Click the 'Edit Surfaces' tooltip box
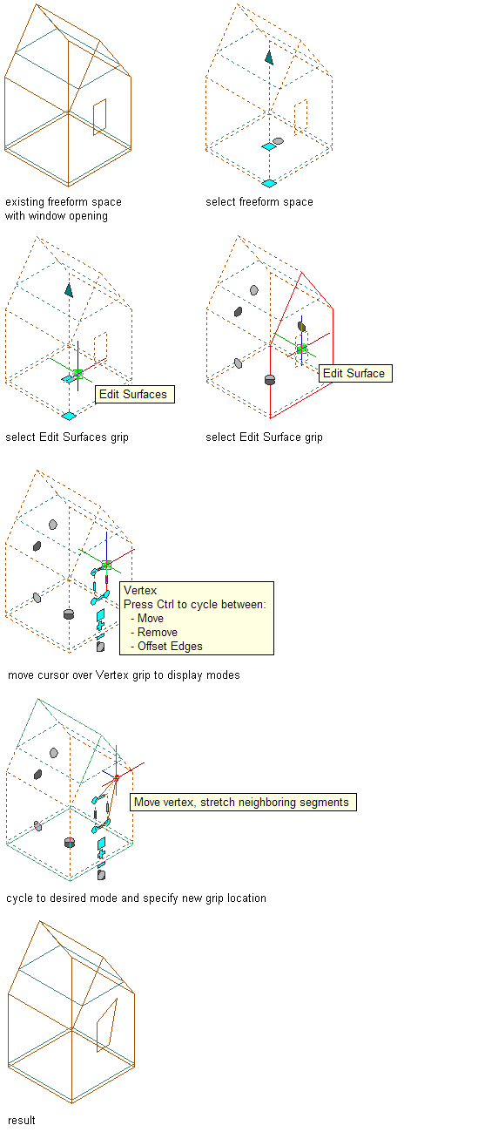(135, 394)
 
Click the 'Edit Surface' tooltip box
(355, 374)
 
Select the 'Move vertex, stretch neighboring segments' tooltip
(243, 802)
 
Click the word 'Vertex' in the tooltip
(140, 590)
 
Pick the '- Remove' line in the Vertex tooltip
(154, 632)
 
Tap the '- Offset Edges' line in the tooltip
(166, 647)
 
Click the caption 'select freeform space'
(259, 202)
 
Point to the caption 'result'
(22, 1121)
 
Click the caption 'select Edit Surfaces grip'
(67, 437)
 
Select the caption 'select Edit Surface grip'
(264, 437)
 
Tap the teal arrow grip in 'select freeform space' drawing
(269, 58)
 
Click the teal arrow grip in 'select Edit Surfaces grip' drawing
(69, 290)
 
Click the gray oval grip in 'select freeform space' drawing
(278, 141)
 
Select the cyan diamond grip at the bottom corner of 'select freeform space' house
(269, 183)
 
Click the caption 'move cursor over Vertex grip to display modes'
(124, 675)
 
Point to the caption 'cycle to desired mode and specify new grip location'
(137, 898)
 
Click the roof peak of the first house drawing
(37, 4)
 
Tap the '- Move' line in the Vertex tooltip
(147, 619)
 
